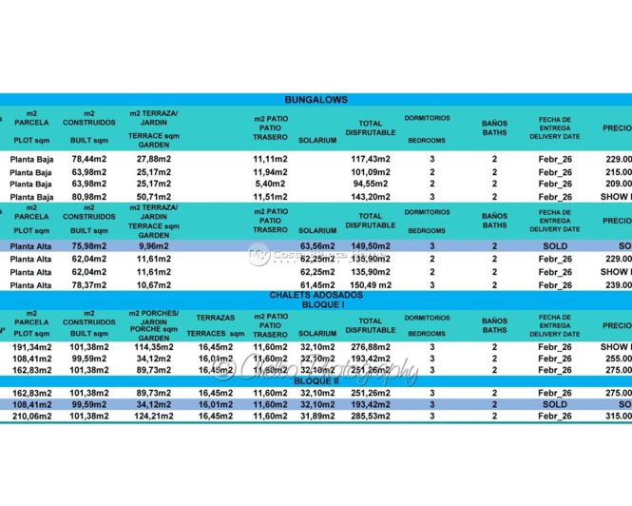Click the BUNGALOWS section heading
pos(316,99)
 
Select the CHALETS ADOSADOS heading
pos(316,295)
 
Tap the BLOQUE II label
pos(316,380)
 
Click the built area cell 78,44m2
pos(89,159)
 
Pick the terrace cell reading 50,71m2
pos(153,197)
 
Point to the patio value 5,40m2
pos(271,184)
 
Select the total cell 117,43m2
pos(371,159)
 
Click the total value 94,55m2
pos(371,184)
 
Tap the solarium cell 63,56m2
pos(317,245)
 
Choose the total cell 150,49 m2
pos(372,284)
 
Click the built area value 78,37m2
pos(89,284)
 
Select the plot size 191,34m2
pos(31,347)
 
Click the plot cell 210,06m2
pos(31,416)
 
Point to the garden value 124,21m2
pos(153,416)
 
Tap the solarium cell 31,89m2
pos(317,416)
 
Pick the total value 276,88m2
pos(371,347)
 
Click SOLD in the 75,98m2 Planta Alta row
pos(554,245)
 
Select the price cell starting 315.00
pos(618,416)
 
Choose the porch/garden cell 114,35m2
pos(153,347)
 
